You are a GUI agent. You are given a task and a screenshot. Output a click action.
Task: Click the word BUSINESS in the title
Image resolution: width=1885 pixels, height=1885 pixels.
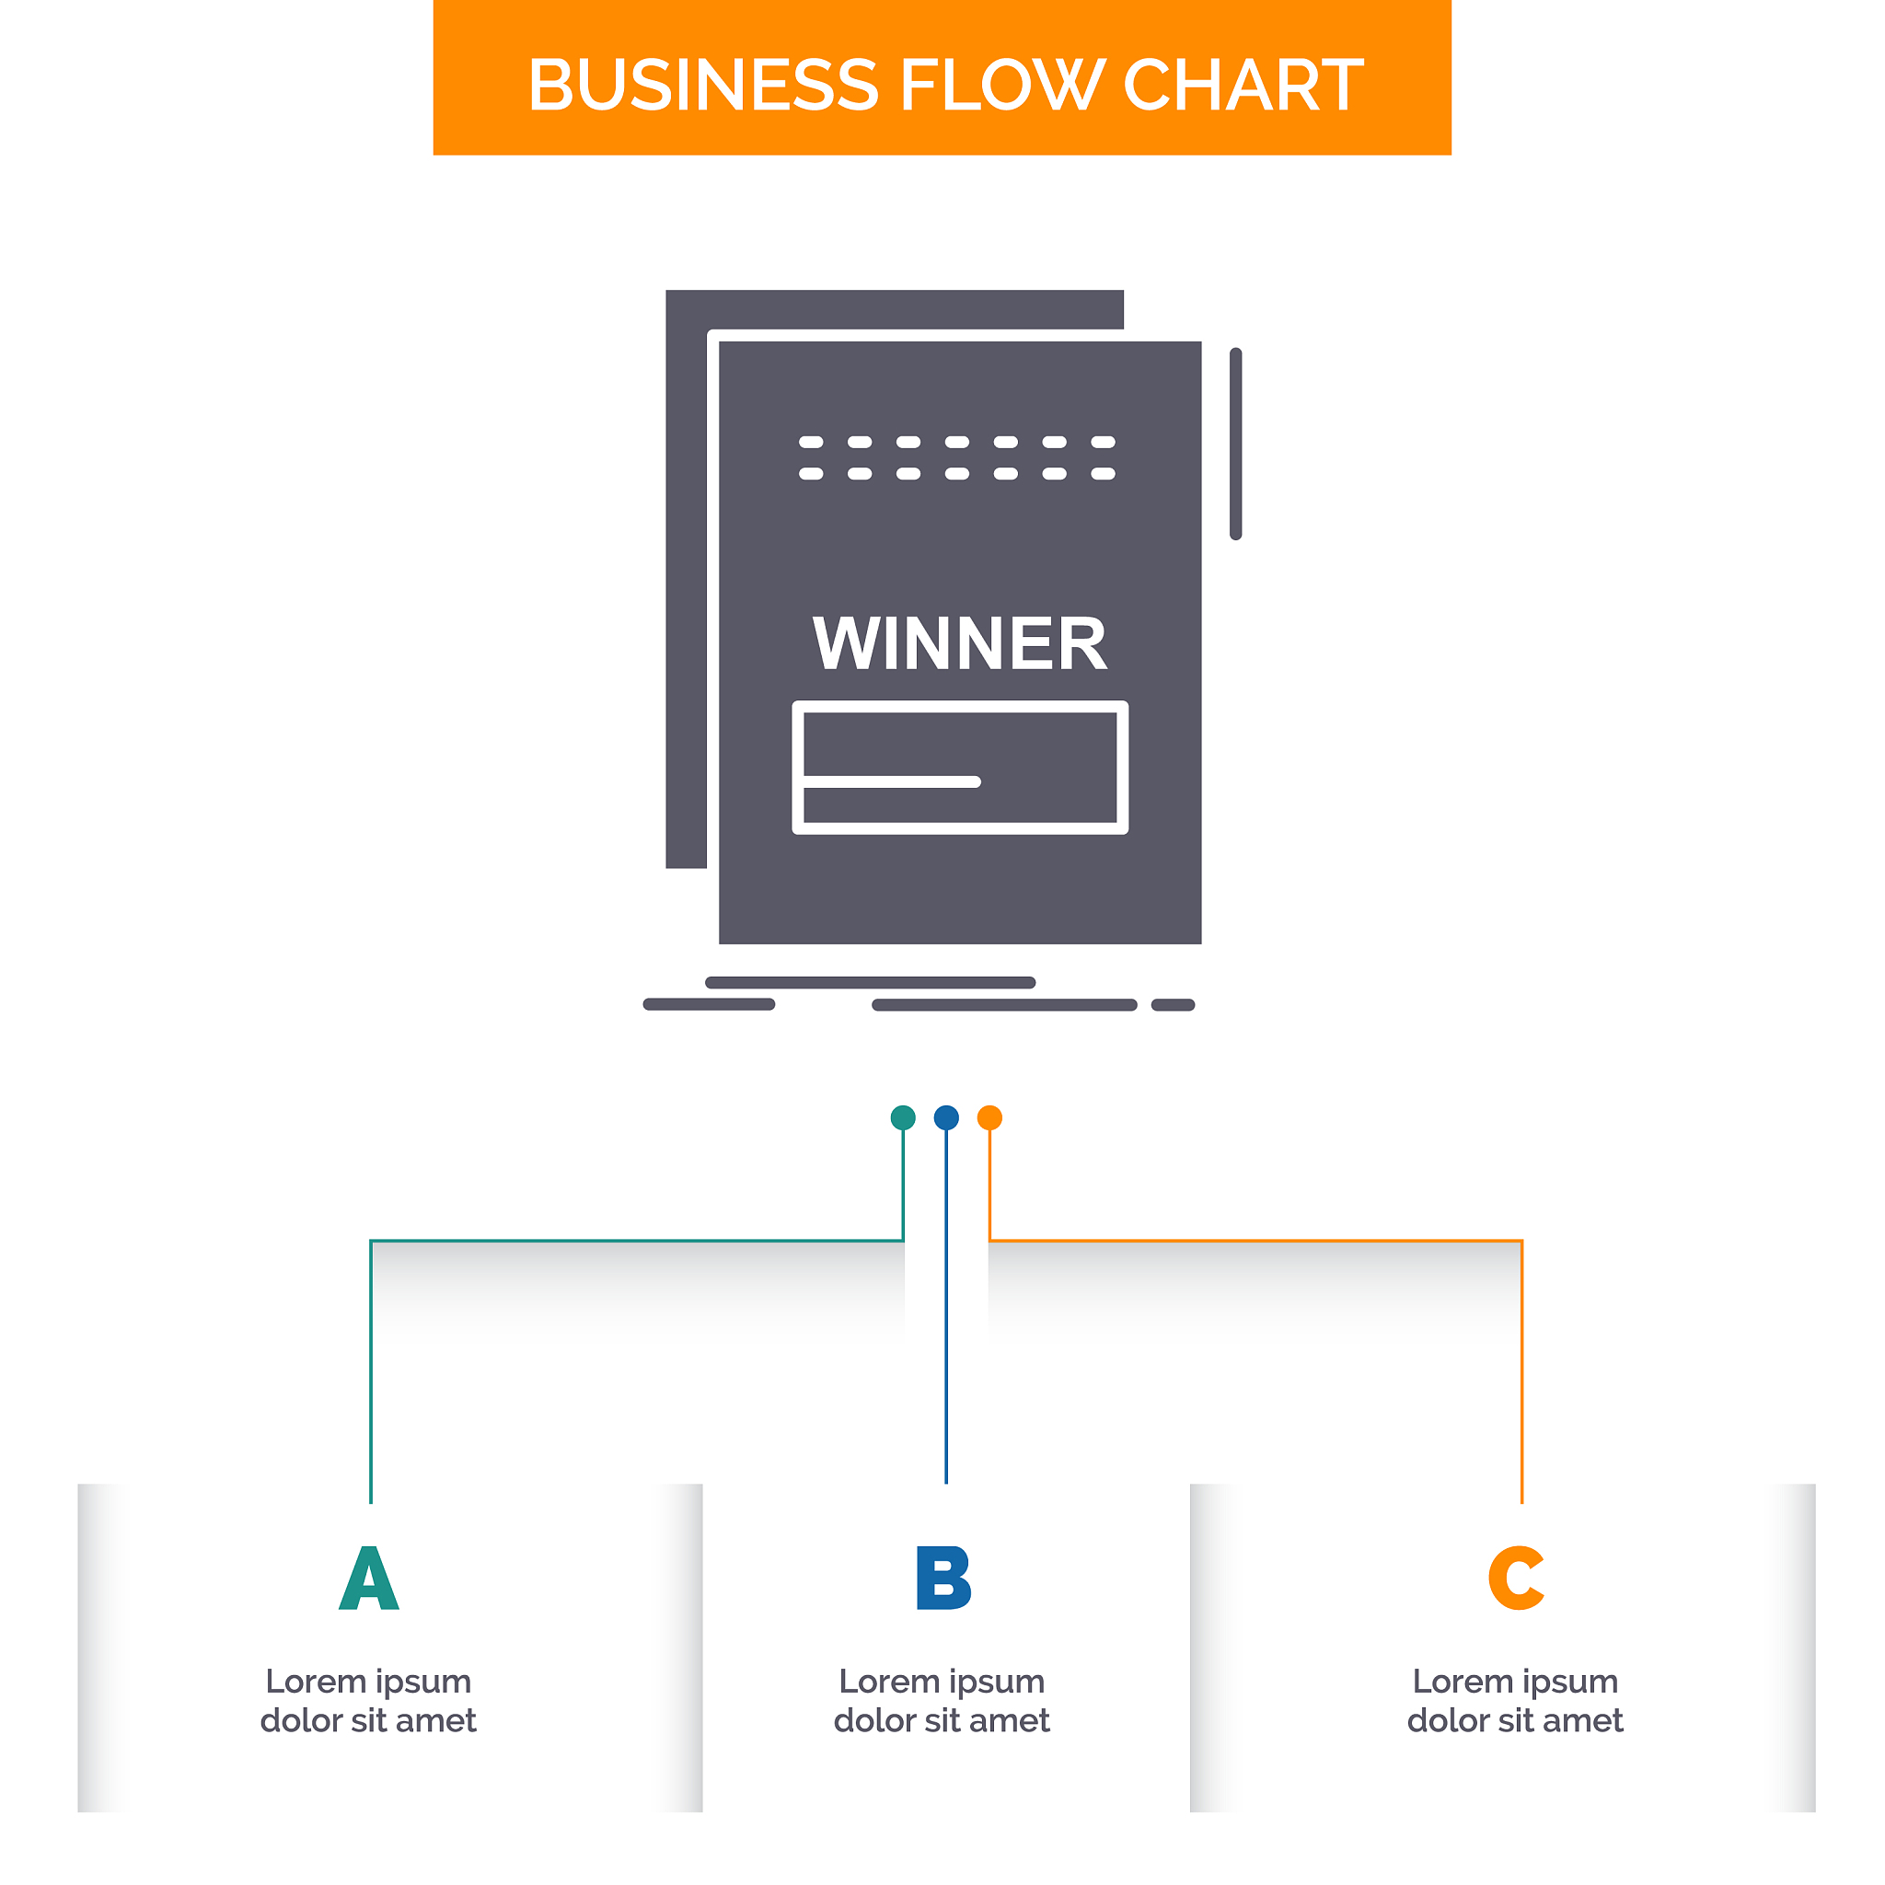click(x=702, y=85)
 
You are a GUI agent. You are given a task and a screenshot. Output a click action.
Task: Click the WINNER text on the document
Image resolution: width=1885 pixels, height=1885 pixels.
click(x=960, y=644)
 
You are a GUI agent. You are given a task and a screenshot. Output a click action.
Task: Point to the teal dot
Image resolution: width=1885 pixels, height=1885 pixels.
click(x=904, y=1117)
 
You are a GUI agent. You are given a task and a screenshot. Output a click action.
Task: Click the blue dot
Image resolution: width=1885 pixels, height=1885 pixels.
click(x=946, y=1117)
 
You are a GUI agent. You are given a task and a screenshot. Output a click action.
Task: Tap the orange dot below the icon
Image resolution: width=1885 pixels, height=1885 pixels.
click(x=989, y=1117)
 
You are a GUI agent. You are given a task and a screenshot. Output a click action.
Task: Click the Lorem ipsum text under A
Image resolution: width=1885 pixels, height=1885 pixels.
click(x=369, y=1701)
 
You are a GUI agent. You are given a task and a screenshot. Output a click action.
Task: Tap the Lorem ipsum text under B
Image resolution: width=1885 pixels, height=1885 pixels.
click(x=942, y=1701)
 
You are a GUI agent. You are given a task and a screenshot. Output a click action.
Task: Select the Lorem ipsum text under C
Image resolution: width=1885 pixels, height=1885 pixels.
click(x=1515, y=1701)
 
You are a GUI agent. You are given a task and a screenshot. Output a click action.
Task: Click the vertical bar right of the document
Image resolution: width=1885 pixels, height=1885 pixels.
click(x=1236, y=444)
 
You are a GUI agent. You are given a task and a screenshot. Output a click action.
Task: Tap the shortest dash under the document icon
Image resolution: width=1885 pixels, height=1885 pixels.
click(x=1173, y=1005)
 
